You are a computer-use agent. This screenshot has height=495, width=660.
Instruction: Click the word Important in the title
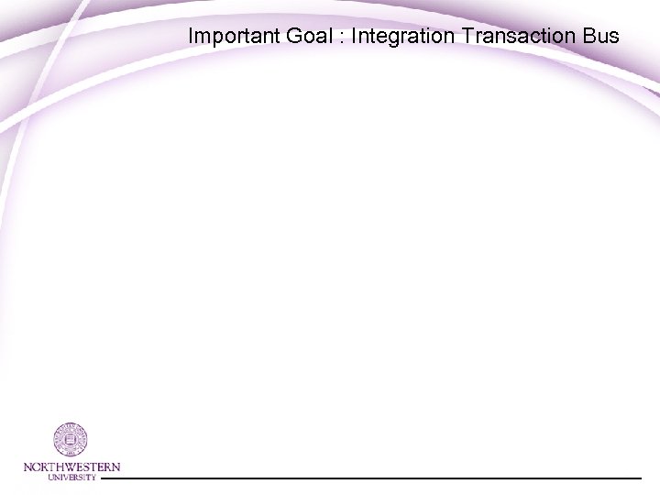pyautogui.click(x=228, y=37)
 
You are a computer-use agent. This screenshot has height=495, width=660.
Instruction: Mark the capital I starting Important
pyautogui.click(x=191, y=37)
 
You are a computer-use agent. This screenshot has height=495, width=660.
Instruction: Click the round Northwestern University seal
pyautogui.click(x=71, y=440)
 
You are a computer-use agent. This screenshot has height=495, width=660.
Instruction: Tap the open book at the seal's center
pyautogui.click(x=71, y=440)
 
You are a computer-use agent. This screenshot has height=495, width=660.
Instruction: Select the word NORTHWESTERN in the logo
pyautogui.click(x=71, y=467)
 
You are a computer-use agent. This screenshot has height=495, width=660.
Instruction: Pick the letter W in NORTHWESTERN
pyautogui.click(x=74, y=467)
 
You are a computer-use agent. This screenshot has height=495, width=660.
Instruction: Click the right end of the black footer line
pyautogui.click(x=640, y=478)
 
